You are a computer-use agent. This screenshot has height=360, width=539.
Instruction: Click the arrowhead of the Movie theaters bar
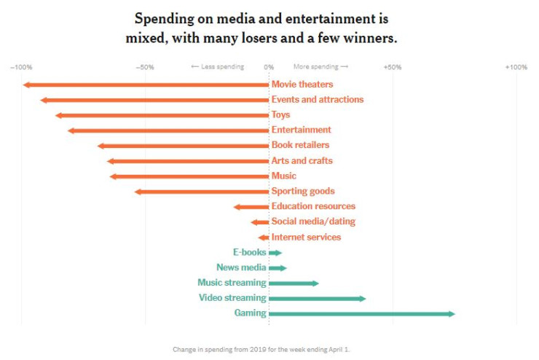click(25, 85)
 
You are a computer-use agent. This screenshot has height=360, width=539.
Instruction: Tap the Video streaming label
click(232, 298)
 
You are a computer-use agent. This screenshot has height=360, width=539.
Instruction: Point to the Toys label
click(280, 115)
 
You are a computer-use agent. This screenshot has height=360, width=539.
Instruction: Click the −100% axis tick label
click(20, 67)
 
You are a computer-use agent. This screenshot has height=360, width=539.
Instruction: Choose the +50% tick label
click(392, 67)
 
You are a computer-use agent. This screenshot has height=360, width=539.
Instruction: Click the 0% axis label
click(269, 67)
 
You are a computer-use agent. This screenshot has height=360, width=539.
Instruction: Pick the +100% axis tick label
click(516, 67)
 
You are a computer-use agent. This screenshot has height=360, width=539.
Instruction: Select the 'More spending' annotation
click(320, 67)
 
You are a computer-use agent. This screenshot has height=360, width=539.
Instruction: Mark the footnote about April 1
click(261, 350)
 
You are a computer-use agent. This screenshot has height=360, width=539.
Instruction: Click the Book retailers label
click(300, 146)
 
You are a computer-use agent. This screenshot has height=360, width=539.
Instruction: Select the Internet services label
click(306, 238)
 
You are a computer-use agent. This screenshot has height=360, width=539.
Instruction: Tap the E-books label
click(249, 252)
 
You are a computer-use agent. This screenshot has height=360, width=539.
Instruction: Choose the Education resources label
click(313, 207)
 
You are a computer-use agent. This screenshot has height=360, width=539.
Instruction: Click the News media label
click(241, 267)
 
